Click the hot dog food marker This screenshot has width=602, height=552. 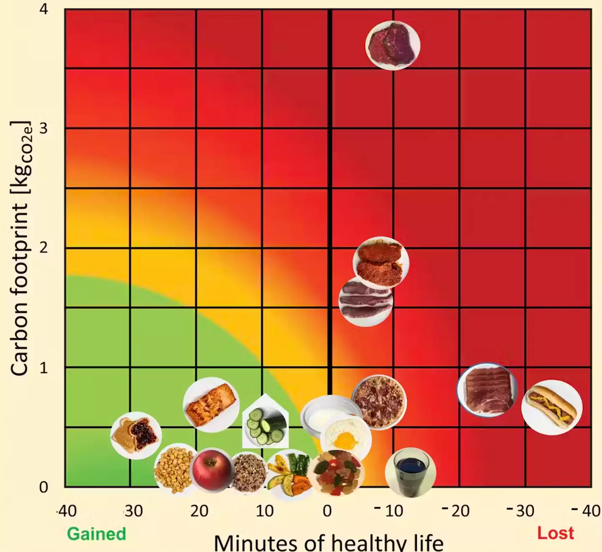pos(551,407)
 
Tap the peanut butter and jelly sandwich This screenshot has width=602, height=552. pos(136,435)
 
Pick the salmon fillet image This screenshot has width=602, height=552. pos(211,404)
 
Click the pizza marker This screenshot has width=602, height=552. pos(379,402)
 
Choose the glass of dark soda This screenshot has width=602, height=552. pos(411,472)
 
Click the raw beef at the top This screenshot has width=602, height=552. pos(393,45)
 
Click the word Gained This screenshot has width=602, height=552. pos(97,534)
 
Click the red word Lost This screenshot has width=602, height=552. pos(555,533)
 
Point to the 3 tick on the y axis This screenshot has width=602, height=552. pos(43,128)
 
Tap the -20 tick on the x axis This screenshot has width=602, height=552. pos(456,511)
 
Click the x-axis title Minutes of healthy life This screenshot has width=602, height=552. pos(328,543)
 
